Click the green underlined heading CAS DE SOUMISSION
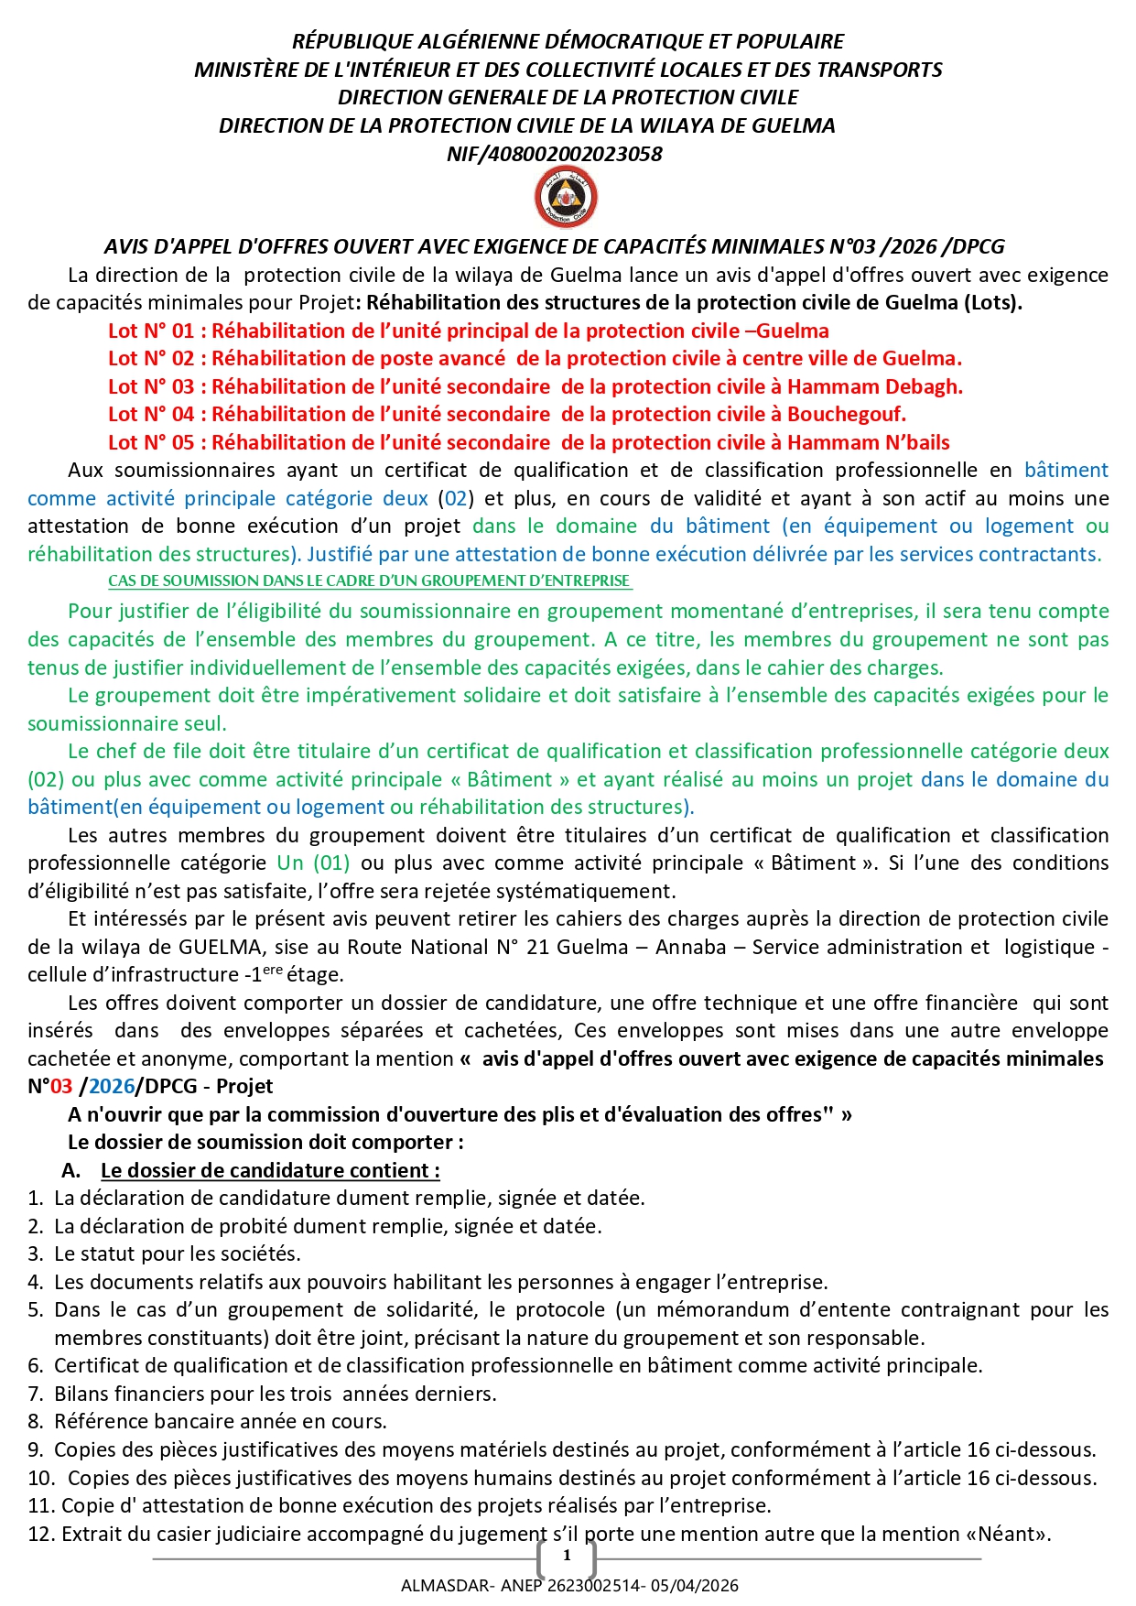click(x=370, y=581)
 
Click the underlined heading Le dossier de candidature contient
click(x=270, y=1171)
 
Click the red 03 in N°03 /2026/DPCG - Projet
click(x=61, y=1087)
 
